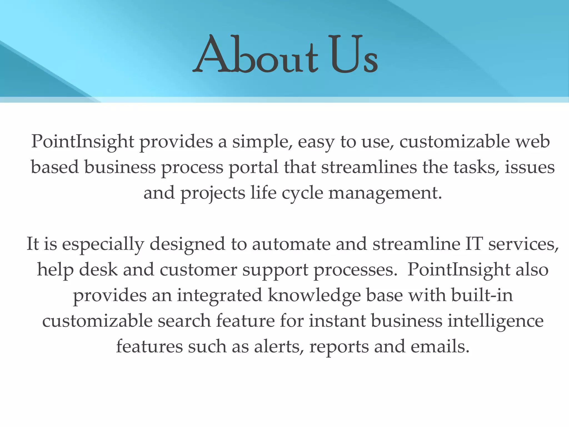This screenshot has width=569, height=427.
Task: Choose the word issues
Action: coord(530,167)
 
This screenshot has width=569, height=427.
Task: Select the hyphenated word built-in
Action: coord(482,295)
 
